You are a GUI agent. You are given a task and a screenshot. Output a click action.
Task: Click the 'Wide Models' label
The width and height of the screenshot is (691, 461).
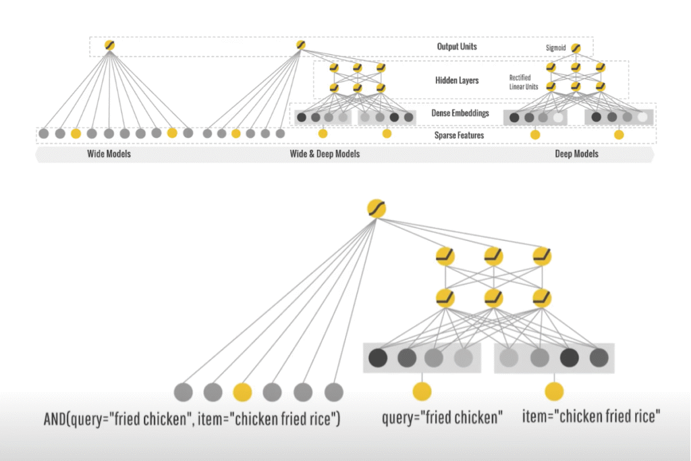(109, 154)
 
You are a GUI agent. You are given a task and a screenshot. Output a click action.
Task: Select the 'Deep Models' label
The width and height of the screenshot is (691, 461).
(576, 154)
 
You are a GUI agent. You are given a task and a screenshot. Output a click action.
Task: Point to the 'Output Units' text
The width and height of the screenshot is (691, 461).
(458, 47)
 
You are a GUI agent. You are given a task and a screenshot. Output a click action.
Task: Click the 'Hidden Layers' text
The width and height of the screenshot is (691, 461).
(457, 80)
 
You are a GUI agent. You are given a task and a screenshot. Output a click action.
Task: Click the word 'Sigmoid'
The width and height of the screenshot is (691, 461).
(555, 48)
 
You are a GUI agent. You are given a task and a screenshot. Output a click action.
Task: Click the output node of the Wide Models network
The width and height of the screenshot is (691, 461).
(109, 45)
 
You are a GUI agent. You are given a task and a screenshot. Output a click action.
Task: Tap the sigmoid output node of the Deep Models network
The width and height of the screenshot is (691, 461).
(576, 48)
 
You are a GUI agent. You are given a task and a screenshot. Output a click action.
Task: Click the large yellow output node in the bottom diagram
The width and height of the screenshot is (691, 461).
(377, 209)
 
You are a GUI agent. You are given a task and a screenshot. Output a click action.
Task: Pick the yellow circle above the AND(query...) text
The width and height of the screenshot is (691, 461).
(242, 391)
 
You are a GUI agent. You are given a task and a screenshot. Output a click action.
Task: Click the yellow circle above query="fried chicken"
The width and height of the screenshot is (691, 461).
(422, 391)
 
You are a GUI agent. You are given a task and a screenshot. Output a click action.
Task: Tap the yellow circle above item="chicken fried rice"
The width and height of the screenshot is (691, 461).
(554, 391)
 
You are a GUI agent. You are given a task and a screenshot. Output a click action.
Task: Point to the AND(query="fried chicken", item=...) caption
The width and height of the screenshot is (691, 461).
(192, 419)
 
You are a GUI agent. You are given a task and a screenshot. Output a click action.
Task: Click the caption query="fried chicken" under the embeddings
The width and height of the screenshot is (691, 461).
(442, 418)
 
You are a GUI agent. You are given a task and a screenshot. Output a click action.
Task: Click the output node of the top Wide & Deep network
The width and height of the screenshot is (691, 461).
(300, 45)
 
